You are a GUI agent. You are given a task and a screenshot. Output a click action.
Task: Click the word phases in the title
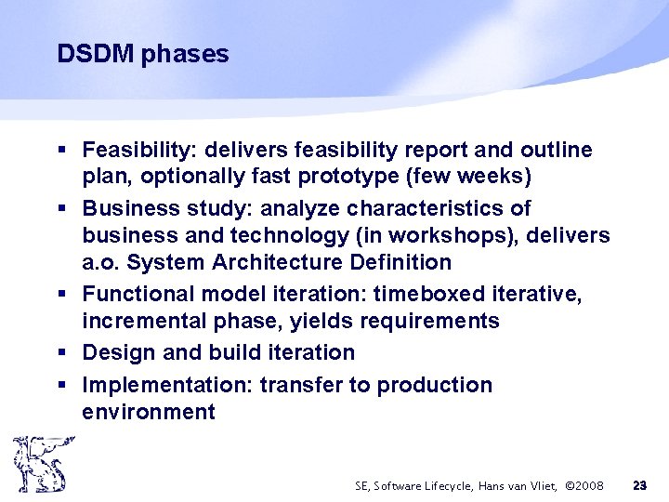(185, 55)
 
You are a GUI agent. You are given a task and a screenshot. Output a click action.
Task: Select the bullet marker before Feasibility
(60, 151)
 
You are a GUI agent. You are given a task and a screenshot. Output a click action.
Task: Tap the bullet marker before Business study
(60, 208)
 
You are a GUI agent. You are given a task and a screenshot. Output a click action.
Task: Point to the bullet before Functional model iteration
(60, 295)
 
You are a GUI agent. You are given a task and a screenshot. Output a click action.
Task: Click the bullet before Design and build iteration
(60, 353)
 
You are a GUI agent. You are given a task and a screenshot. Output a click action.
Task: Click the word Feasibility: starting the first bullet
(139, 150)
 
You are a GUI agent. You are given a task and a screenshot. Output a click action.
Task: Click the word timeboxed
(426, 295)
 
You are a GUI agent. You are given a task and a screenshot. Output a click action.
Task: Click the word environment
(148, 412)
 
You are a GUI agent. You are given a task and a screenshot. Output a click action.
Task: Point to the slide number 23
(639, 485)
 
